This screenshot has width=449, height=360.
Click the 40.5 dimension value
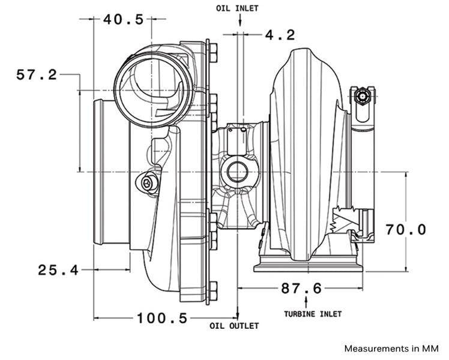coord(123,19)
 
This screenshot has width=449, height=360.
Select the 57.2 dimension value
coord(37,75)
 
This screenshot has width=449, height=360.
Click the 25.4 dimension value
coord(58,270)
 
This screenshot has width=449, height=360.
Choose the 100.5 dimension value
coord(162,317)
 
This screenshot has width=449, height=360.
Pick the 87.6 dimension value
coord(301,289)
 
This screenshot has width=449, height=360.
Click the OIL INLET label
coord(239,8)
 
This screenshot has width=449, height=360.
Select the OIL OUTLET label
coord(234,326)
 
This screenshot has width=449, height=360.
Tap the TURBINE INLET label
coord(312,314)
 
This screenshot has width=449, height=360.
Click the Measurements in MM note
coord(391,348)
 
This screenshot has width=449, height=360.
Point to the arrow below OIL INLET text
coord(239,21)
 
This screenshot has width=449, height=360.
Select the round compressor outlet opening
coord(154,84)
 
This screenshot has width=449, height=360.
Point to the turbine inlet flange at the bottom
coord(309,266)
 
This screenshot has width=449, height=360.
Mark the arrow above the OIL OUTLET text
coord(237,314)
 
